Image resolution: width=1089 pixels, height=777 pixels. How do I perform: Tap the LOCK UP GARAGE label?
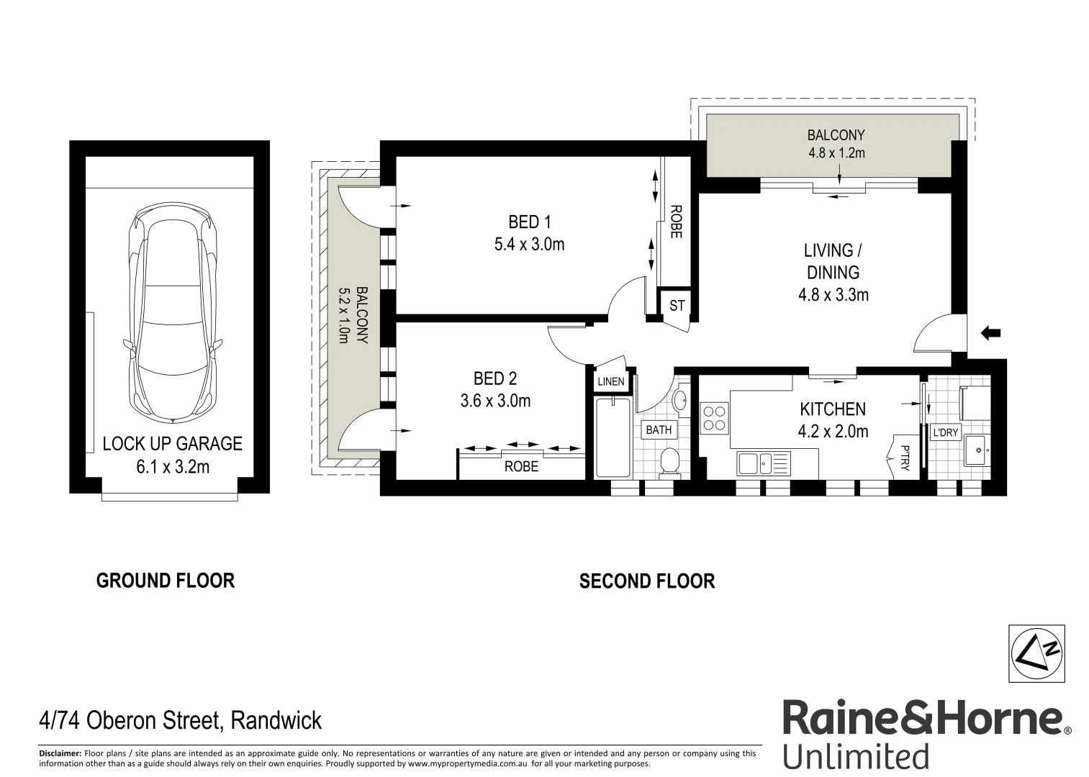tap(172, 444)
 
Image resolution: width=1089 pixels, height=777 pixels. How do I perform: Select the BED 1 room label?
tap(529, 222)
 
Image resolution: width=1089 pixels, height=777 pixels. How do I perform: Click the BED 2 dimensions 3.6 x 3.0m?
tap(495, 401)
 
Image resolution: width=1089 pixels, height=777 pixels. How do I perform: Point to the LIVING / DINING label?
tap(833, 261)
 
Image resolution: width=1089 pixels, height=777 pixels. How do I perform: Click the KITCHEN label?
tap(833, 409)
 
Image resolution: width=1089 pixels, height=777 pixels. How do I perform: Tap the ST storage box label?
tap(677, 306)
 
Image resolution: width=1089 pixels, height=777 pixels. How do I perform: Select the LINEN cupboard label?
tap(611, 381)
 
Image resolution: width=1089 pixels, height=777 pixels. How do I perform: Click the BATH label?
tap(658, 430)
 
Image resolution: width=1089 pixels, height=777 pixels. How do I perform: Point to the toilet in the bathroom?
tap(670, 462)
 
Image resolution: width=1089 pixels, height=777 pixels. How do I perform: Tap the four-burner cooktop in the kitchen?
tap(714, 418)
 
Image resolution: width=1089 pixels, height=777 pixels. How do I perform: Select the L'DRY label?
tap(944, 433)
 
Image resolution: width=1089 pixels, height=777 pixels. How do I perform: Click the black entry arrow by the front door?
tap(991, 332)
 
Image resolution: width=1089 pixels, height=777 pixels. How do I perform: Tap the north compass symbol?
tap(1036, 654)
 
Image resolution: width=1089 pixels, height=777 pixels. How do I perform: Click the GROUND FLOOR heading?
tap(166, 581)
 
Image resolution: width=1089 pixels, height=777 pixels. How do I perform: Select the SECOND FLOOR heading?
tap(646, 581)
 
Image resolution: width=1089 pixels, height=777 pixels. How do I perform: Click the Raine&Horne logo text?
tap(922, 719)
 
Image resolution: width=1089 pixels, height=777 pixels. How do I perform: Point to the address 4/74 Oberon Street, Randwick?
tap(180, 720)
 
